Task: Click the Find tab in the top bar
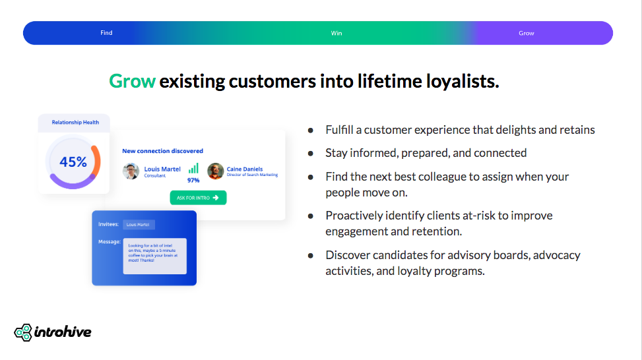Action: pyautogui.click(x=106, y=33)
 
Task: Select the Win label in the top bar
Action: pyautogui.click(x=337, y=33)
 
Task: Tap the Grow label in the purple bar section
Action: pyautogui.click(x=526, y=33)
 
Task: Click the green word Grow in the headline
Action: pyautogui.click(x=132, y=81)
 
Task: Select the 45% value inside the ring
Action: pyautogui.click(x=73, y=162)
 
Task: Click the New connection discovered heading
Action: pyautogui.click(x=162, y=151)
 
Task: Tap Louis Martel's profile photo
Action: pyautogui.click(x=131, y=171)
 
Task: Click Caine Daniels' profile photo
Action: pyautogui.click(x=215, y=171)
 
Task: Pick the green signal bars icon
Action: pyautogui.click(x=193, y=168)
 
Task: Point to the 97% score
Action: pyautogui.click(x=193, y=180)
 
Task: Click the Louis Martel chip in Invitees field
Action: pyautogui.click(x=139, y=225)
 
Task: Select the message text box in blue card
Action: pyautogui.click(x=154, y=256)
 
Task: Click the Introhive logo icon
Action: pyautogui.click(x=23, y=332)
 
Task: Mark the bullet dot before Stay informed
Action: pyautogui.click(x=310, y=153)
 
